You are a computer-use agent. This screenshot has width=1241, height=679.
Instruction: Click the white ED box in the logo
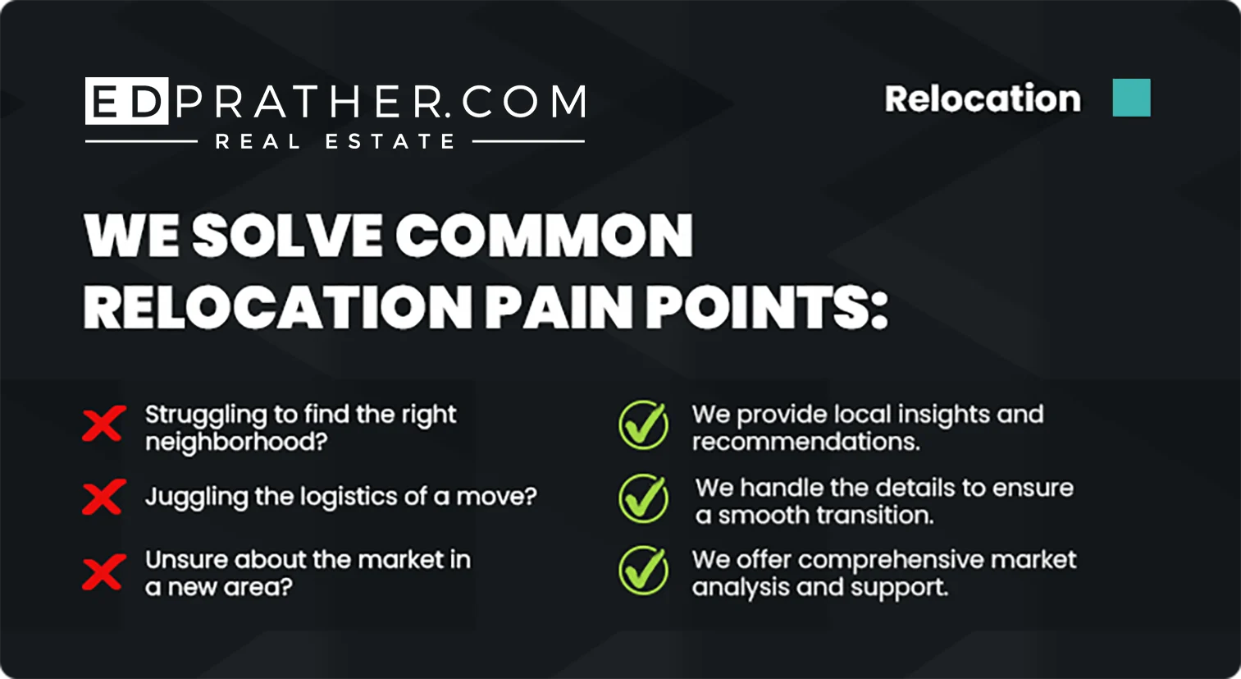pos(127,101)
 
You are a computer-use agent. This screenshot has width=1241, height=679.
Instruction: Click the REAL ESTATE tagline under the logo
pos(335,141)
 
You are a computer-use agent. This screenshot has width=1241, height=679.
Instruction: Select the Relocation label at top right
pos(983,99)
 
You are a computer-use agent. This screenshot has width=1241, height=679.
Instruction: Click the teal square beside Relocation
pos(1131,98)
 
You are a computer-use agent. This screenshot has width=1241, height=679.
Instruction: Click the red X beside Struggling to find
pos(104,424)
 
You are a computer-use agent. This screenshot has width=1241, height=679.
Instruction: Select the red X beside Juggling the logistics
pos(104,497)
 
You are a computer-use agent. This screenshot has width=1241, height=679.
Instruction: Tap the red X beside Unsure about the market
pos(104,572)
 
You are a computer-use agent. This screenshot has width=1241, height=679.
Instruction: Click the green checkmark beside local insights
pos(643,425)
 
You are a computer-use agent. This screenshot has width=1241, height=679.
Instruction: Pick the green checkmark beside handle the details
pos(643,498)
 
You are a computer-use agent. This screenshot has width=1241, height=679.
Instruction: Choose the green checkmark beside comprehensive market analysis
pos(643,571)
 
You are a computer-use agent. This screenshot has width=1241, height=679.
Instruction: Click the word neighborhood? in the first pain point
pos(236,443)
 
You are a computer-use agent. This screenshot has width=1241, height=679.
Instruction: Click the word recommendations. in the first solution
pos(806,442)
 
